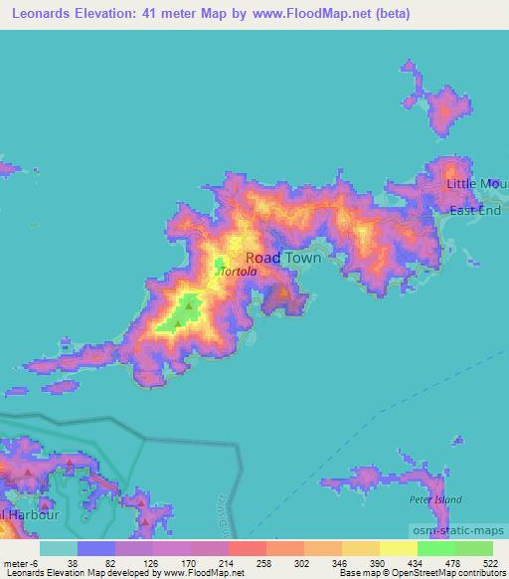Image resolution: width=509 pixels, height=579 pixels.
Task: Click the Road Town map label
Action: [x=283, y=257]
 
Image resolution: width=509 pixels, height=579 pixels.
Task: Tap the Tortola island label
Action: [x=240, y=271]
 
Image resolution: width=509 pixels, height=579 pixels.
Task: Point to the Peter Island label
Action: [x=435, y=498]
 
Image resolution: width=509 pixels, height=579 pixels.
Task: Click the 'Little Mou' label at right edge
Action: [x=476, y=185]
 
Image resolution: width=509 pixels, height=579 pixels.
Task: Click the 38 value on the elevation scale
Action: [x=73, y=562]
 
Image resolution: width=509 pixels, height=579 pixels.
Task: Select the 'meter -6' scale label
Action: [x=20, y=562]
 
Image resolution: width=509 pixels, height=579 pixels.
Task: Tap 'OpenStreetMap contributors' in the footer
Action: [x=450, y=573]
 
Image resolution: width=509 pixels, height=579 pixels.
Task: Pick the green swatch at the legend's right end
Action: [x=474, y=548]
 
